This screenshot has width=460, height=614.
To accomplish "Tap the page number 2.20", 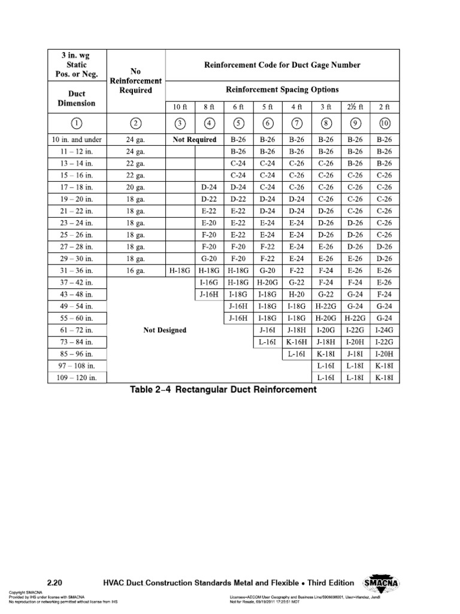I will (x=55, y=582).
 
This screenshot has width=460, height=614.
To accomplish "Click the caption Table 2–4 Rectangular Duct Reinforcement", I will (x=223, y=390).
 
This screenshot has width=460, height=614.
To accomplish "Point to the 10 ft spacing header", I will (x=180, y=107).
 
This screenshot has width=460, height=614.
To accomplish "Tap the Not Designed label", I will (x=165, y=330).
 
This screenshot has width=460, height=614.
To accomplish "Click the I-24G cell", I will (x=384, y=330).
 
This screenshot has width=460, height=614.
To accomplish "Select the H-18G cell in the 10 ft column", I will (x=180, y=270).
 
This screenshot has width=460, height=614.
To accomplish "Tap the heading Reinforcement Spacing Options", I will (x=282, y=89).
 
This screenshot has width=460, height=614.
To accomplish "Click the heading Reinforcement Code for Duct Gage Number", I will (x=282, y=65).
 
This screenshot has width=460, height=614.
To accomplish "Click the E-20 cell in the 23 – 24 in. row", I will (x=209, y=223).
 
